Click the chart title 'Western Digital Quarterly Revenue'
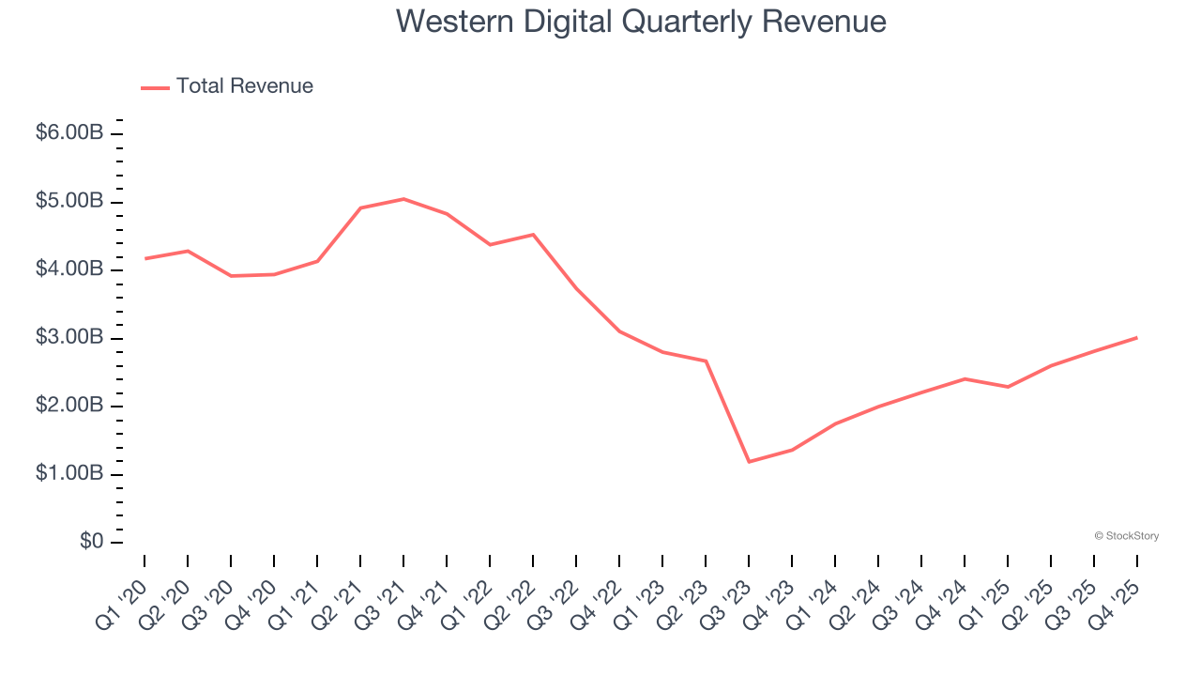tap(641, 21)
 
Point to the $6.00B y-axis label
tap(69, 133)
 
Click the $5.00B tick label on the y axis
tap(69, 202)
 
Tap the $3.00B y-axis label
tap(69, 338)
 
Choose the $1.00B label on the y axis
tap(69, 474)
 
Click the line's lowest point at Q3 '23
tap(749, 462)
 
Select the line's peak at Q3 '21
tap(403, 199)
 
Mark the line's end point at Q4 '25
tap(1137, 337)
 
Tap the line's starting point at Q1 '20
tap(144, 258)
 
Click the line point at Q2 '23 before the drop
tap(706, 361)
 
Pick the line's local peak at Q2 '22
tap(533, 235)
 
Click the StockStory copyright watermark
tap(1126, 536)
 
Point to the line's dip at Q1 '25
tap(1008, 387)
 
